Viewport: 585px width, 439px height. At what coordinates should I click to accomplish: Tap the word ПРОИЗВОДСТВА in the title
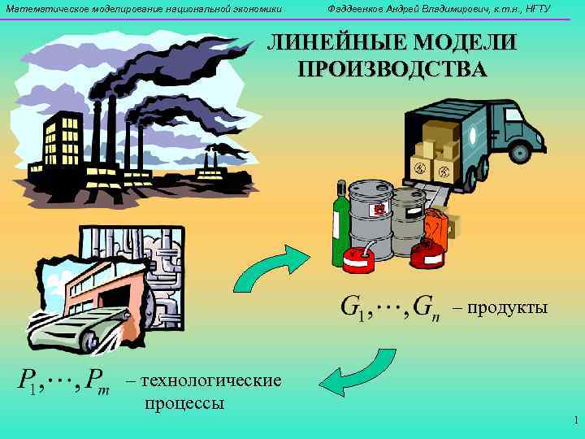coord(392,67)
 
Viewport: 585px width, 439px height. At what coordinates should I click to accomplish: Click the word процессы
coord(184,402)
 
